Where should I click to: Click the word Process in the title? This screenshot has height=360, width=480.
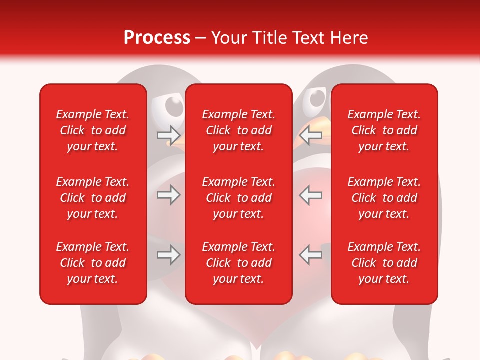pos(157,38)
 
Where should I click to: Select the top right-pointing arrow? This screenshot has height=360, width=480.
pos(168,135)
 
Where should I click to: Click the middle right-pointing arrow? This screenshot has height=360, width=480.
pos(168,195)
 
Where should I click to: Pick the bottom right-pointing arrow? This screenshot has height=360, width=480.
pos(168,255)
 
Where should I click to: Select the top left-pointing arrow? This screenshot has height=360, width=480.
pos(311,135)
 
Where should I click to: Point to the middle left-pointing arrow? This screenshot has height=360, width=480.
pos(311,195)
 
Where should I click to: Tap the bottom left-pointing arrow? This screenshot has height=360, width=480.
pos(311,255)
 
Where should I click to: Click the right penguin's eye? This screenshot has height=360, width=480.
pos(317,98)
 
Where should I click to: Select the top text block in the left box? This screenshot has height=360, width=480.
pos(93,130)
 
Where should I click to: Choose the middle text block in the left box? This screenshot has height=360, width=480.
pos(93,198)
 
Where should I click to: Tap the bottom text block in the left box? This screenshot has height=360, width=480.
pos(93,263)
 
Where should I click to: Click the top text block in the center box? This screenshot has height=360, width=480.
pos(239,130)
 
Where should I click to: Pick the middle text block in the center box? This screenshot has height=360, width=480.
pos(239,198)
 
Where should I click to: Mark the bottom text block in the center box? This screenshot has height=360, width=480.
pos(239,263)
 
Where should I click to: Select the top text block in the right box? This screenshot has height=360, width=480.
pos(384,130)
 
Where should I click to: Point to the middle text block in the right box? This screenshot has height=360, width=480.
pos(384,198)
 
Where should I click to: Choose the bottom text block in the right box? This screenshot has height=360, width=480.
pos(384,263)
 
